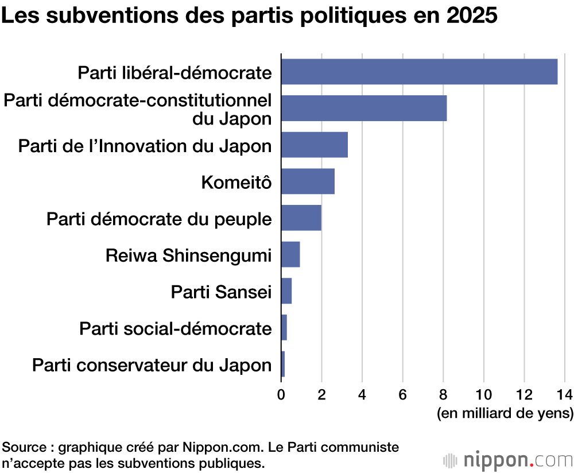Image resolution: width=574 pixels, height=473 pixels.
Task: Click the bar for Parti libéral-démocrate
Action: click(x=419, y=72)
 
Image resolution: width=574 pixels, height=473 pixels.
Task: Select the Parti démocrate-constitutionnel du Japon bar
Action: click(x=364, y=108)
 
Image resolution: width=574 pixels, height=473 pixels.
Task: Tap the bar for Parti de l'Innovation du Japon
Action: click(x=315, y=145)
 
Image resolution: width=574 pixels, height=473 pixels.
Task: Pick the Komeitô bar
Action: click(x=308, y=181)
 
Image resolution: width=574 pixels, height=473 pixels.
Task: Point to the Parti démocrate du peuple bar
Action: click(x=301, y=218)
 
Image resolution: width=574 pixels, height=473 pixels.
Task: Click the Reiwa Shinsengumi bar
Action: click(x=290, y=254)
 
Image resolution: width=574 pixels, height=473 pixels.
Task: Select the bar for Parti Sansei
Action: click(x=286, y=291)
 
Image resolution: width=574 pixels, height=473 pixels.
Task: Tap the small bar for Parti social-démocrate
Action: click(x=284, y=328)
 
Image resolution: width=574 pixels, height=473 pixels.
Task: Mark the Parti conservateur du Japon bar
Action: click(x=283, y=364)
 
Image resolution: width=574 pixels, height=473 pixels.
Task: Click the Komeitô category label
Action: click(x=236, y=183)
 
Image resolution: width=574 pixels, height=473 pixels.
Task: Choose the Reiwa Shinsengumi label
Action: click(x=188, y=255)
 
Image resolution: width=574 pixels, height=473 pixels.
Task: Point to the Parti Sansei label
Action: click(x=221, y=292)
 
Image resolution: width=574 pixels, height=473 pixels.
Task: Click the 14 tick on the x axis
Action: click(x=565, y=394)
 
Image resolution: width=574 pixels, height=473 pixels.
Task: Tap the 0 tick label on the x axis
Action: click(x=281, y=394)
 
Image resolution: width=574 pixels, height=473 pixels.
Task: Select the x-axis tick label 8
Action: click(x=443, y=394)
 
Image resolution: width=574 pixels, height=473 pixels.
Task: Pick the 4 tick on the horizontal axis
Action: click(x=362, y=394)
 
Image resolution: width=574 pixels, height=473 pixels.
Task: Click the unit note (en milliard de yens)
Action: click(x=505, y=413)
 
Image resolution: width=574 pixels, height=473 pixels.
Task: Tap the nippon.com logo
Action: click(x=509, y=460)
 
